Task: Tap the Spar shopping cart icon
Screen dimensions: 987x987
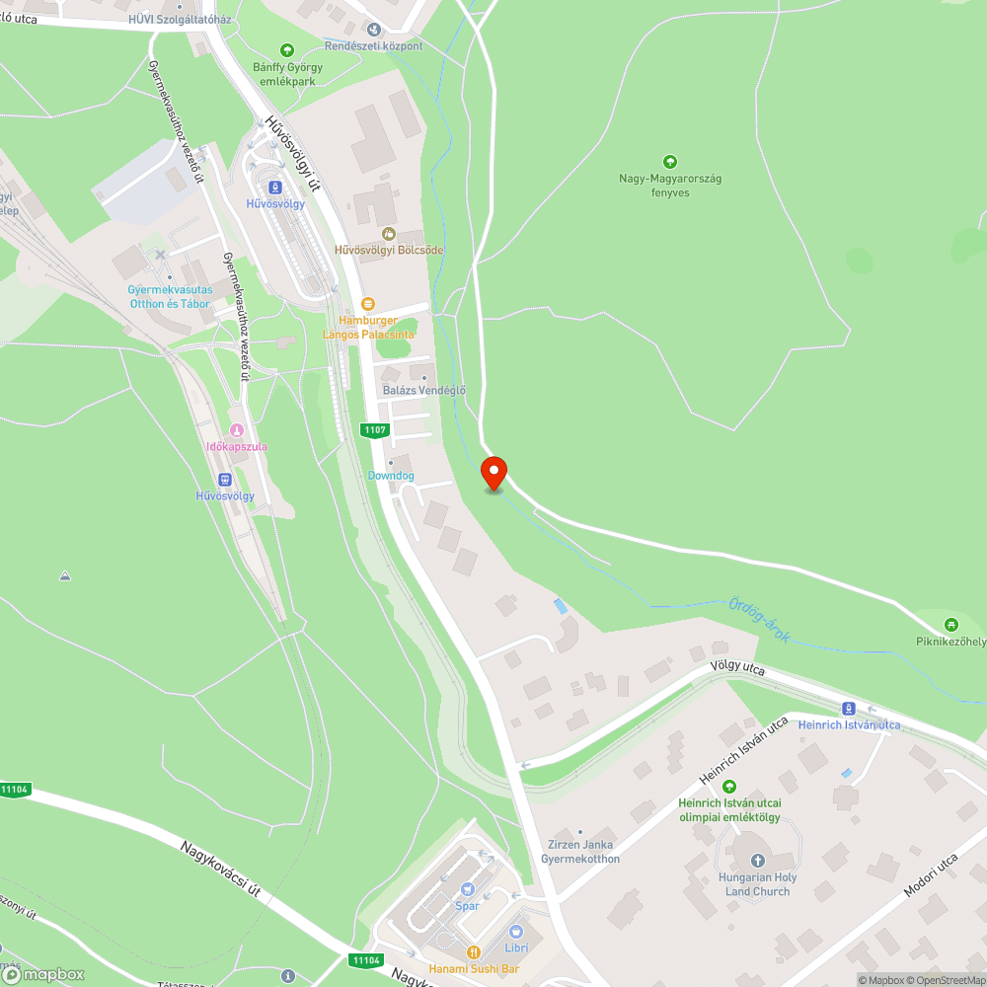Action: coord(467,889)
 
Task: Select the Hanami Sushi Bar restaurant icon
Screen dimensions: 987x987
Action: coord(474,952)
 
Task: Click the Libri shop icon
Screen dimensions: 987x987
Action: coord(515,931)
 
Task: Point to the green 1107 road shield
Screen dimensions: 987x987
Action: coord(375,429)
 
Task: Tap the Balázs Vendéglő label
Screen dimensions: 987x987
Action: coord(423,390)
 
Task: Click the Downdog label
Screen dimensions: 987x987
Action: coord(391,476)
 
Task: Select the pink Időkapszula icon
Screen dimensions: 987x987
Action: coord(236,430)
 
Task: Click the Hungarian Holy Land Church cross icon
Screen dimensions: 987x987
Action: coord(757,861)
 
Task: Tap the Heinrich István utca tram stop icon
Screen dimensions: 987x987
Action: coord(848,709)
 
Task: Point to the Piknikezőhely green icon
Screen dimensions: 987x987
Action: coord(950,625)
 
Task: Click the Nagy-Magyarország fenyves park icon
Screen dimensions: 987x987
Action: coord(669,162)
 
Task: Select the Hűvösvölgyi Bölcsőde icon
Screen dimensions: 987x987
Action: coord(389,234)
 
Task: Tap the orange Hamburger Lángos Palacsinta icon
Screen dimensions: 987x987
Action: coord(368,304)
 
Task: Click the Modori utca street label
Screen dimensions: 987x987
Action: coord(932,875)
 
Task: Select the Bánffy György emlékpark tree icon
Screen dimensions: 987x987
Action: coord(287,50)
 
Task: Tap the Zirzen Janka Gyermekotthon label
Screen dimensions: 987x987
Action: coord(580,851)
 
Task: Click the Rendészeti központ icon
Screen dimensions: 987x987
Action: coord(372,30)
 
